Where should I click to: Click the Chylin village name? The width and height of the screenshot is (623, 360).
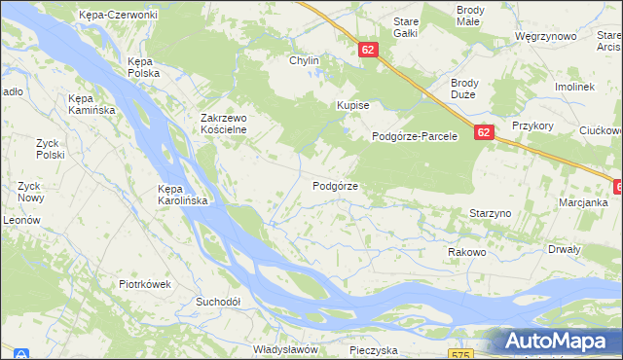(x=304, y=60)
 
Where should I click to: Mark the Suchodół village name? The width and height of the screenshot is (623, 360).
(x=217, y=302)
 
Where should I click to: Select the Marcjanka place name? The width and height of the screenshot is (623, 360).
(x=583, y=202)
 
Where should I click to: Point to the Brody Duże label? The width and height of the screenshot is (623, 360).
(x=470, y=90)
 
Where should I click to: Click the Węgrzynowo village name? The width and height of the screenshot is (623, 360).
(x=546, y=37)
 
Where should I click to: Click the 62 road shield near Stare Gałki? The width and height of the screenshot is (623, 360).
(x=367, y=48)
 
